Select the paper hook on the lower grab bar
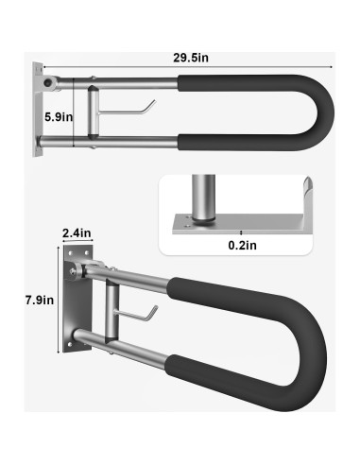147,314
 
